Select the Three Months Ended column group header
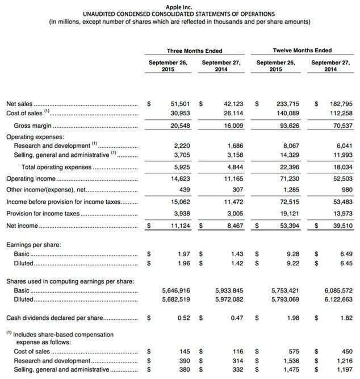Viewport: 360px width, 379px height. (195, 51)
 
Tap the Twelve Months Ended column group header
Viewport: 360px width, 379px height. (303, 51)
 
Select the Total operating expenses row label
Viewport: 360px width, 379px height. (56, 167)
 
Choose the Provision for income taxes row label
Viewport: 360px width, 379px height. (43, 214)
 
